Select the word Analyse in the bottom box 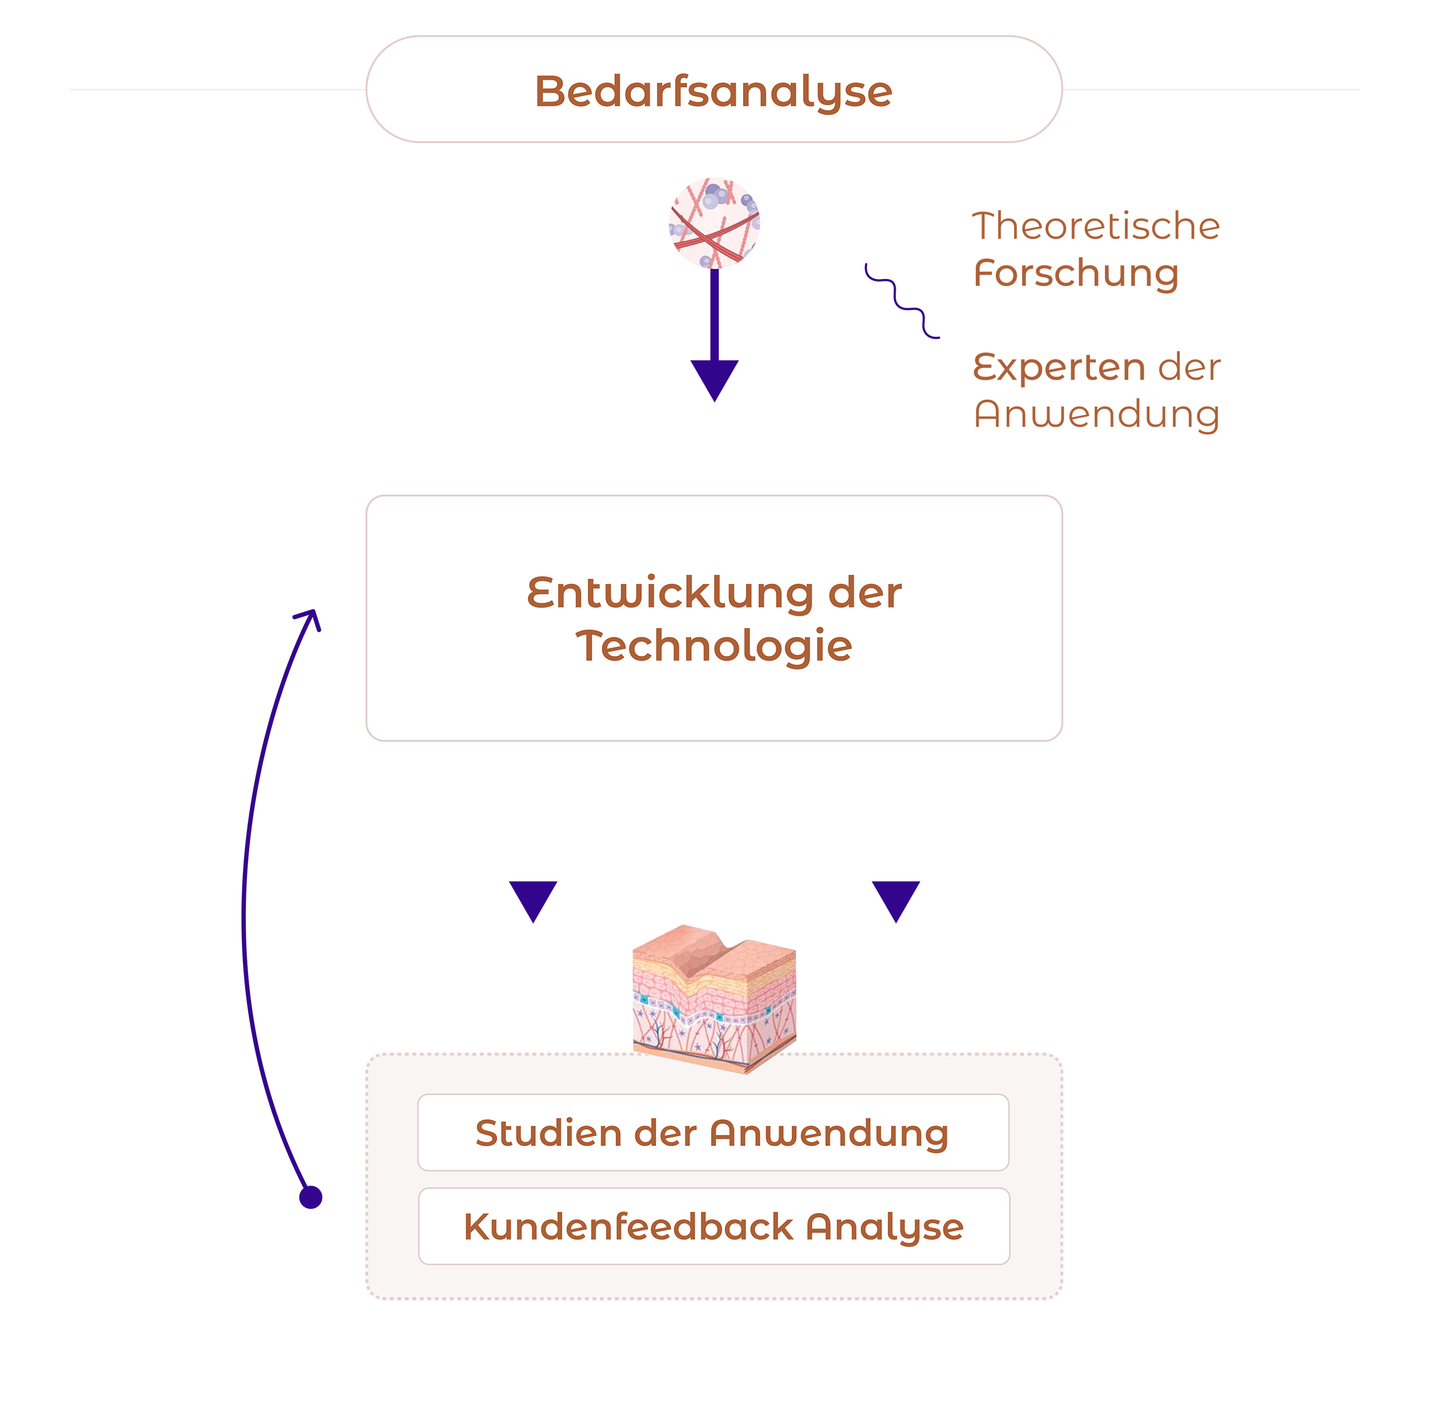point(885,1228)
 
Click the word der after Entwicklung point(865,594)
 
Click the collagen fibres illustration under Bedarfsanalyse point(714,222)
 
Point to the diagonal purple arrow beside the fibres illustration point(888,296)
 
